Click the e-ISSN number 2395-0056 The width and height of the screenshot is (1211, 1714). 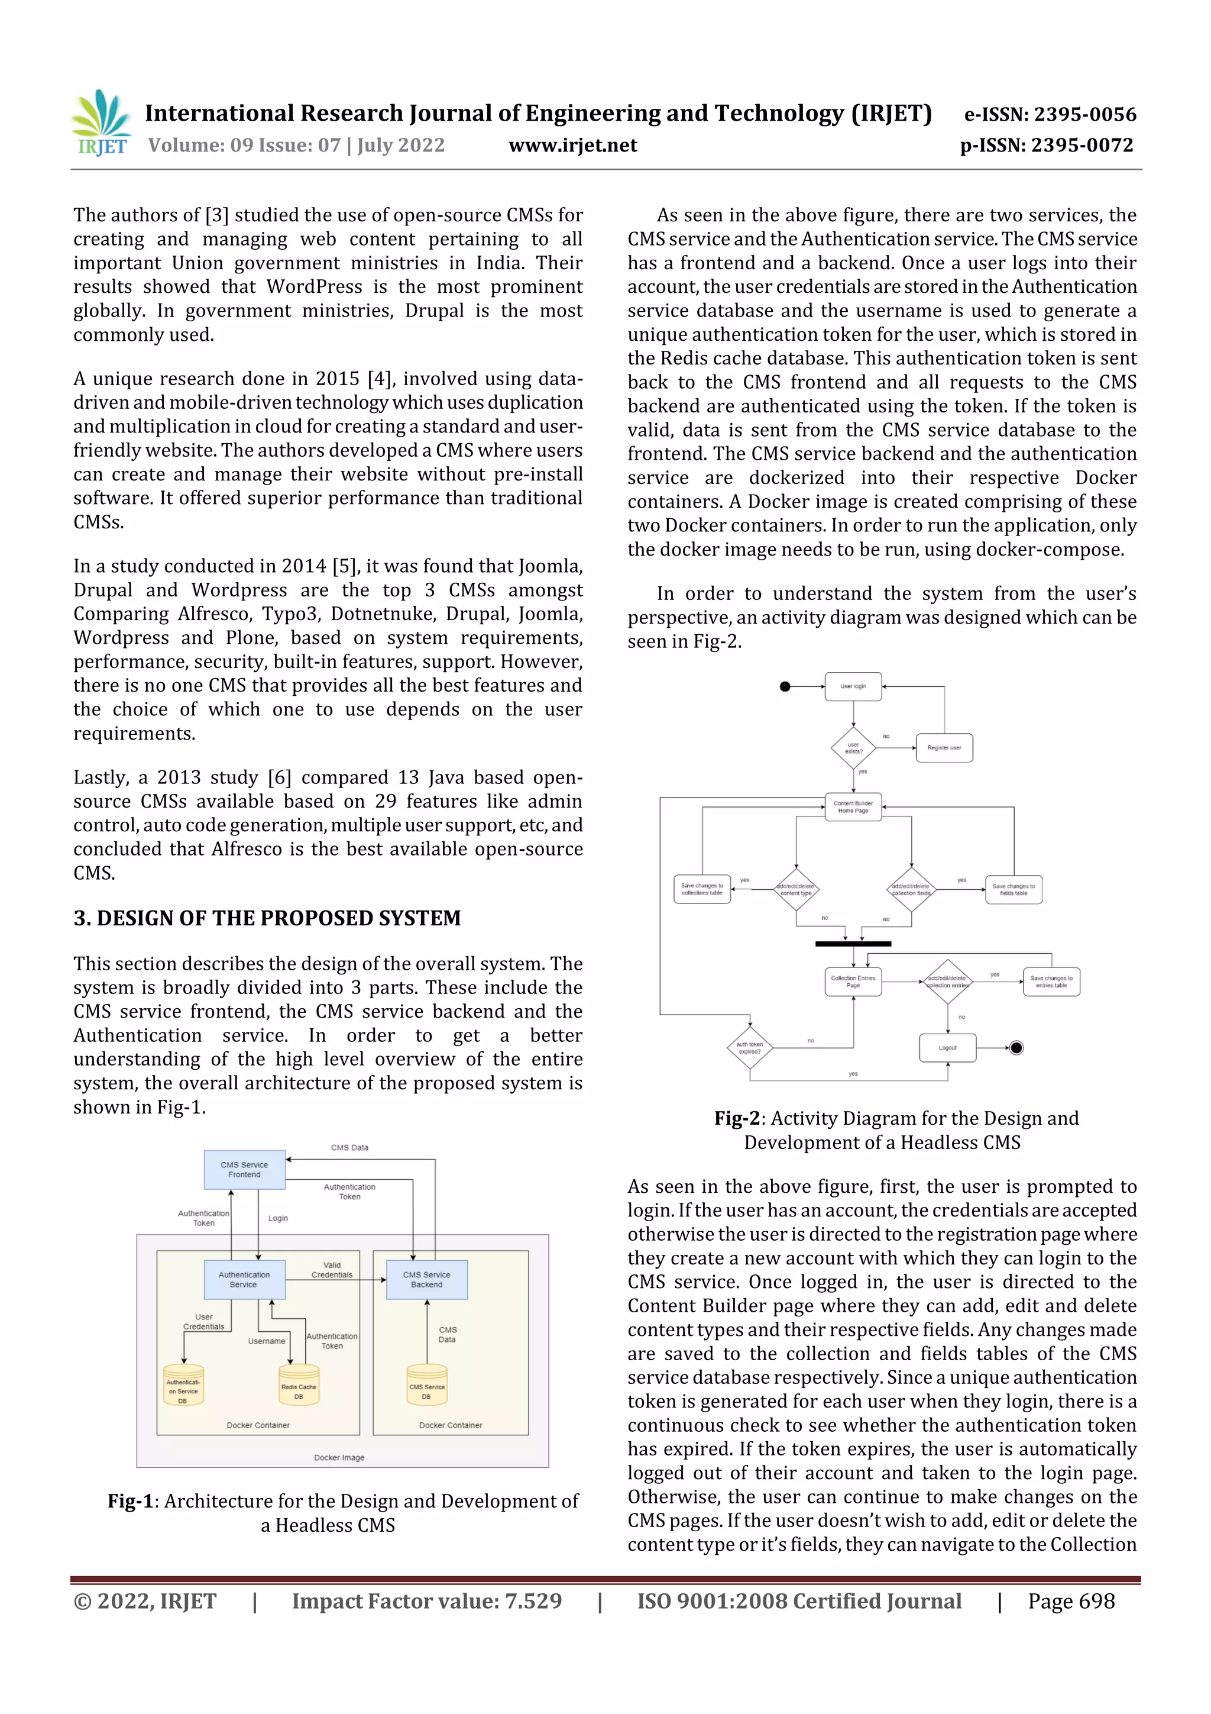click(x=1050, y=114)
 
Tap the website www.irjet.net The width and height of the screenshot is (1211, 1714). click(x=572, y=146)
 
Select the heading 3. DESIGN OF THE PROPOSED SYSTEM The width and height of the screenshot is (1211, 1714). click(x=267, y=918)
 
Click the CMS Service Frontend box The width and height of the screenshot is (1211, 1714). click(x=244, y=1170)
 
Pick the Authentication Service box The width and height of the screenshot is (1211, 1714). click(x=244, y=1280)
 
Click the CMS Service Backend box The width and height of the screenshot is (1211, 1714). click(x=426, y=1280)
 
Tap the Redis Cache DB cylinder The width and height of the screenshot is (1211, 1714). click(x=299, y=1386)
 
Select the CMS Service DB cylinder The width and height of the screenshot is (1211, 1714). click(x=426, y=1386)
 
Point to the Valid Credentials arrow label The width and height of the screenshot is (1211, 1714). click(x=332, y=1270)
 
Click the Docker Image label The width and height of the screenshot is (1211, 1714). click(x=339, y=1457)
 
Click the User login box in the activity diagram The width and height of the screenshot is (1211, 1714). click(x=853, y=686)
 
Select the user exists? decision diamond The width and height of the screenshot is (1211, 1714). click(x=853, y=748)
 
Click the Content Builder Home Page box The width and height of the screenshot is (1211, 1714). click(x=853, y=807)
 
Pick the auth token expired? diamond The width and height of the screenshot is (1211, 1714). click(x=749, y=1048)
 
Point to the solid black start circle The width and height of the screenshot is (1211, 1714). click(x=784, y=687)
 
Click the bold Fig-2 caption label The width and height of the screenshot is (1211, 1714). click(x=736, y=1118)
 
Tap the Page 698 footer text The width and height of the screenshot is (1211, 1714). click(x=1071, y=1601)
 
